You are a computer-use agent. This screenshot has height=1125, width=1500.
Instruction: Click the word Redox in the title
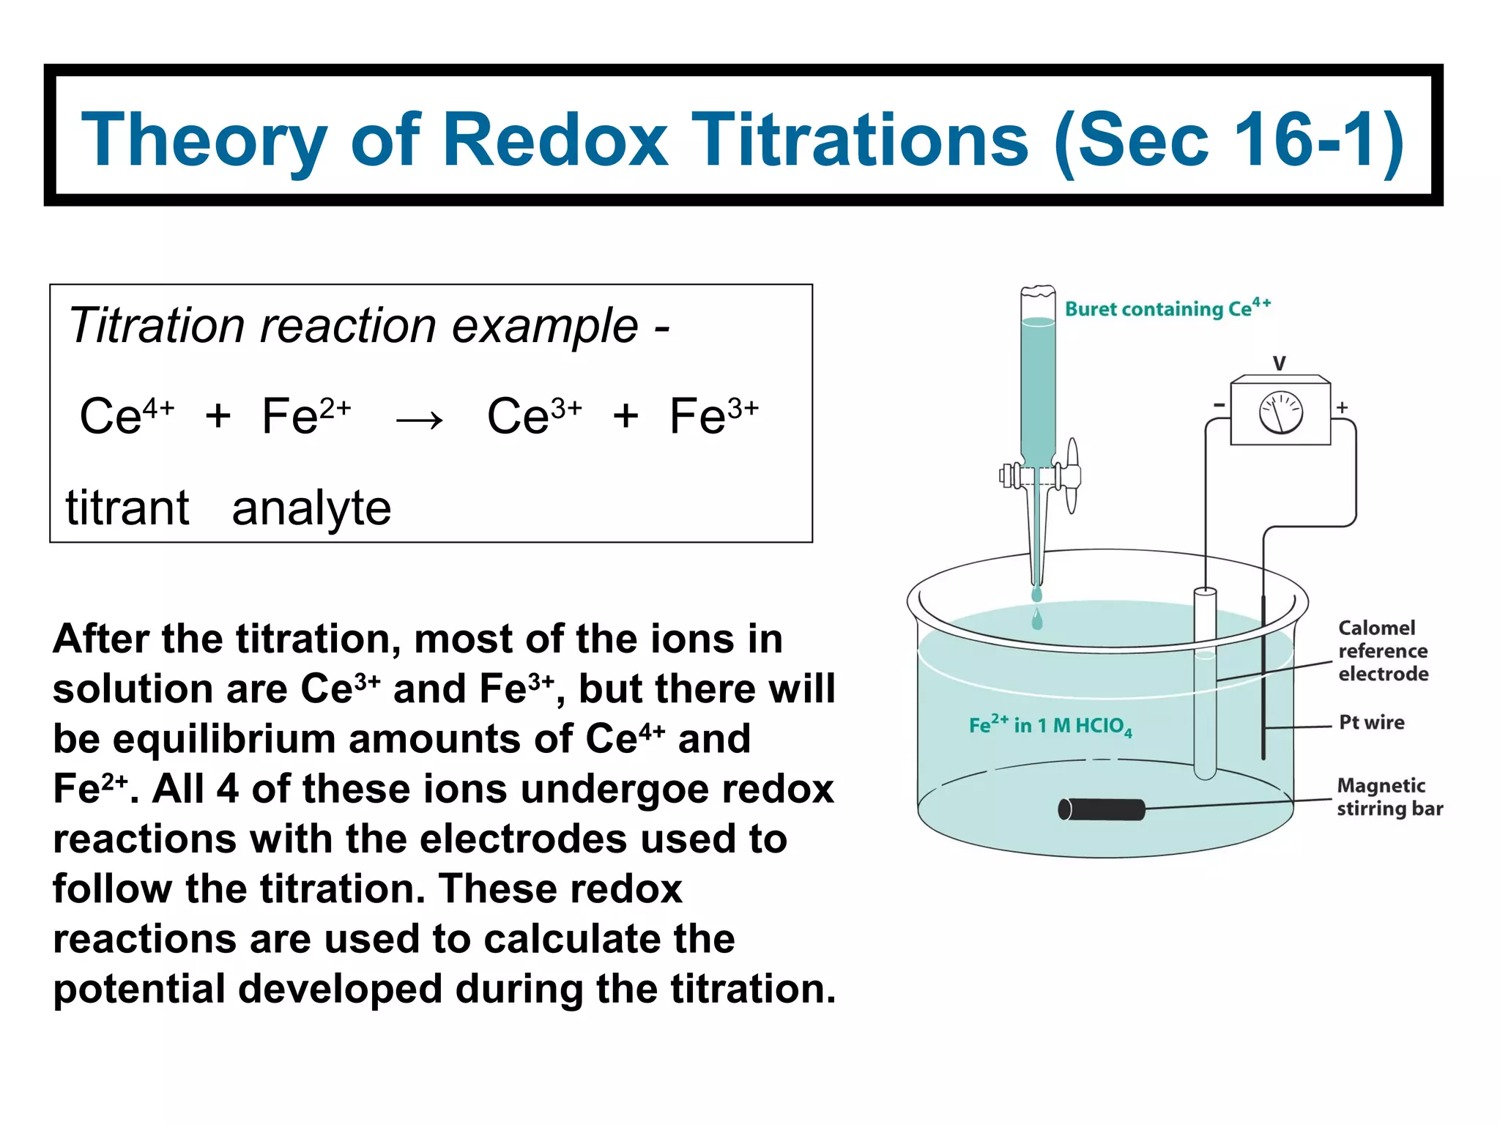[x=555, y=139]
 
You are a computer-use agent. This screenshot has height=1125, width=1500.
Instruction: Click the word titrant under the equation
[x=127, y=508]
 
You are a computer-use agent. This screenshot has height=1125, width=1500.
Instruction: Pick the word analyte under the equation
[x=311, y=509]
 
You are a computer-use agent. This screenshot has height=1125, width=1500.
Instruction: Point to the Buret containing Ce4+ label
[x=1167, y=308]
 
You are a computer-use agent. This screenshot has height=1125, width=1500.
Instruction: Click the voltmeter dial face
[x=1280, y=412]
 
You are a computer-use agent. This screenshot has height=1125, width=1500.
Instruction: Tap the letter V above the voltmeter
[x=1280, y=363]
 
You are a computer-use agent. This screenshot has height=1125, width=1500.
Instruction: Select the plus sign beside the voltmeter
[x=1343, y=407]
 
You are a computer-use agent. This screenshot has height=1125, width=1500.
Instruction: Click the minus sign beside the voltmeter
[x=1219, y=405]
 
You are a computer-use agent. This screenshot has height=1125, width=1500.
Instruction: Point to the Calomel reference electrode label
[x=1383, y=650]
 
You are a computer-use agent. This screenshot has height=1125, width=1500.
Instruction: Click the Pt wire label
[x=1371, y=722]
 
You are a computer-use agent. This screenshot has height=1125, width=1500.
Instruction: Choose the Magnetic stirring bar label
[x=1389, y=797]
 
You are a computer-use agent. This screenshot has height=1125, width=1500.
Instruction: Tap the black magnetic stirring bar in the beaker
[x=1102, y=809]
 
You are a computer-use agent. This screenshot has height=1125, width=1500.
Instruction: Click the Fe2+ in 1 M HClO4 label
[x=1050, y=725]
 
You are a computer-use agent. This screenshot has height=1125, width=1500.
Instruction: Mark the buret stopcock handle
[x=1072, y=475]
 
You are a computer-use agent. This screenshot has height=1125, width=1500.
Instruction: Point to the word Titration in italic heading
[x=156, y=325]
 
